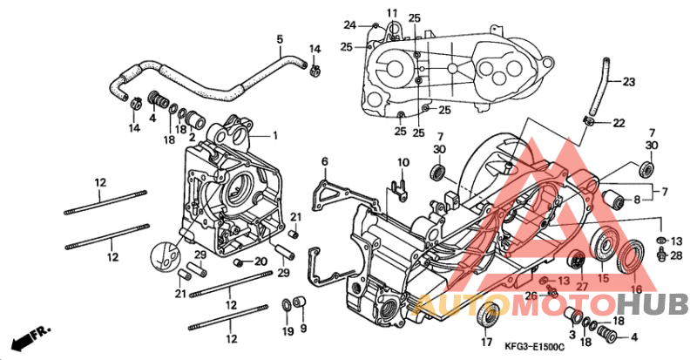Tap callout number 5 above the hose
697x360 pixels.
point(281,39)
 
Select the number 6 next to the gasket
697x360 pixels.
point(325,161)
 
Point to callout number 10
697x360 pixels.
point(403,163)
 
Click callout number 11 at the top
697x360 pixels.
point(392,12)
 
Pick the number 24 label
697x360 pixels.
point(349,24)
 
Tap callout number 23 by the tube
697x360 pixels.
point(628,82)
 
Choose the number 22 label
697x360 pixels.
point(618,123)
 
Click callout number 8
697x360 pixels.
point(637,200)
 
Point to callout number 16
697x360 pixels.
point(635,289)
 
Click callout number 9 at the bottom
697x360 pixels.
point(303,329)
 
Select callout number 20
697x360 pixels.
point(261,262)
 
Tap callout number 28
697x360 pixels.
point(675,254)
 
